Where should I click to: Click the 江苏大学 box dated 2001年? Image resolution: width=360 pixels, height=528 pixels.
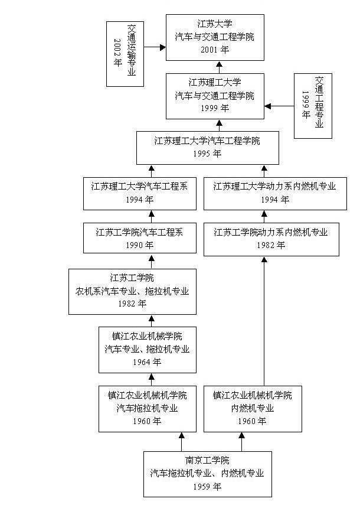[214, 37]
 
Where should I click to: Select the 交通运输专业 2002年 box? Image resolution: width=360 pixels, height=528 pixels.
[125, 54]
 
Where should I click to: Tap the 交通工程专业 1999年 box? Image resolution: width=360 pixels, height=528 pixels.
[313, 106]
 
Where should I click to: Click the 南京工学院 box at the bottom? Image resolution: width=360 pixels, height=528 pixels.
[208, 474]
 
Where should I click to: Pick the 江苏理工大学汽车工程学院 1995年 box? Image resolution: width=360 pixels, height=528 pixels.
[207, 147]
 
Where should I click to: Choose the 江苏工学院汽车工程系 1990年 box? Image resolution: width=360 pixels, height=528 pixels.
[139, 238]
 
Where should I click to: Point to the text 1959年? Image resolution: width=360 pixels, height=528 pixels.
[207, 487]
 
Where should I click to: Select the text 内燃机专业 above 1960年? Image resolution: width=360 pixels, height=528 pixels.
[252, 408]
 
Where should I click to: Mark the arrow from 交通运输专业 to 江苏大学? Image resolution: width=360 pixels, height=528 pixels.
[155, 47]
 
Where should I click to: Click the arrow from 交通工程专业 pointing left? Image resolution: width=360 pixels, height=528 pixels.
[279, 106]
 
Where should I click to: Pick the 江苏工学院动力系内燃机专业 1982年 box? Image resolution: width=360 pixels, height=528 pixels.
[271, 238]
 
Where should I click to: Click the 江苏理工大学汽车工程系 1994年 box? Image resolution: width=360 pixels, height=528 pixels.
[139, 193]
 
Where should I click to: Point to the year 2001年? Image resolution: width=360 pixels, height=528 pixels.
[214, 50]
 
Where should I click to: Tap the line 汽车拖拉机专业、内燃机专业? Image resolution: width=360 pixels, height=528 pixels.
[207, 474]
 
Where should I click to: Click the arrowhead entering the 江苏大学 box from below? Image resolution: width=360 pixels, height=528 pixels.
[219, 64]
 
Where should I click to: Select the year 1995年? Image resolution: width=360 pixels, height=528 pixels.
[207, 154]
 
